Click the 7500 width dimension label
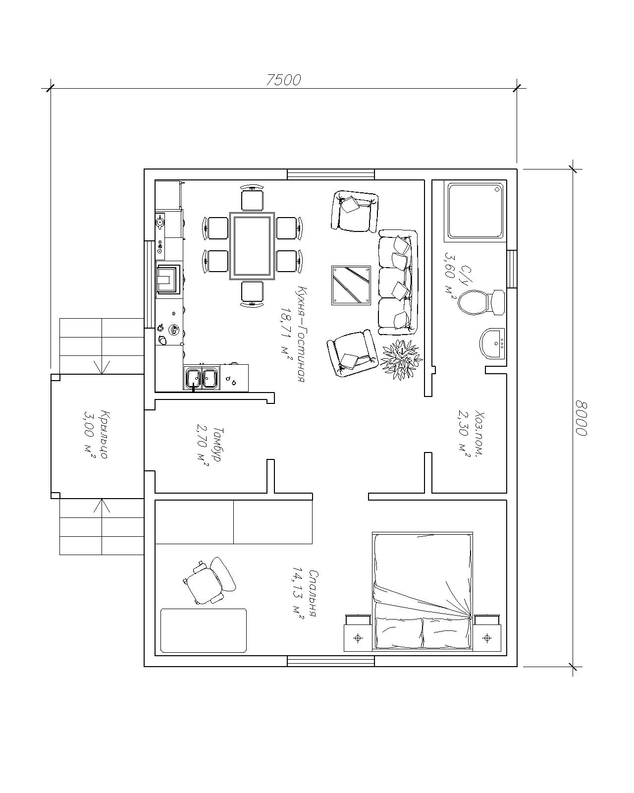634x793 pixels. pos(283,80)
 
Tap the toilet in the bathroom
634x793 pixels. pos(481,302)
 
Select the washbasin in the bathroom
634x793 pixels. pos(492,343)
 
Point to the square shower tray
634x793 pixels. pos(475,211)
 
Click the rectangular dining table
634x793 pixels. pos(252,246)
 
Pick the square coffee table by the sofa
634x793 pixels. pos(351,285)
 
